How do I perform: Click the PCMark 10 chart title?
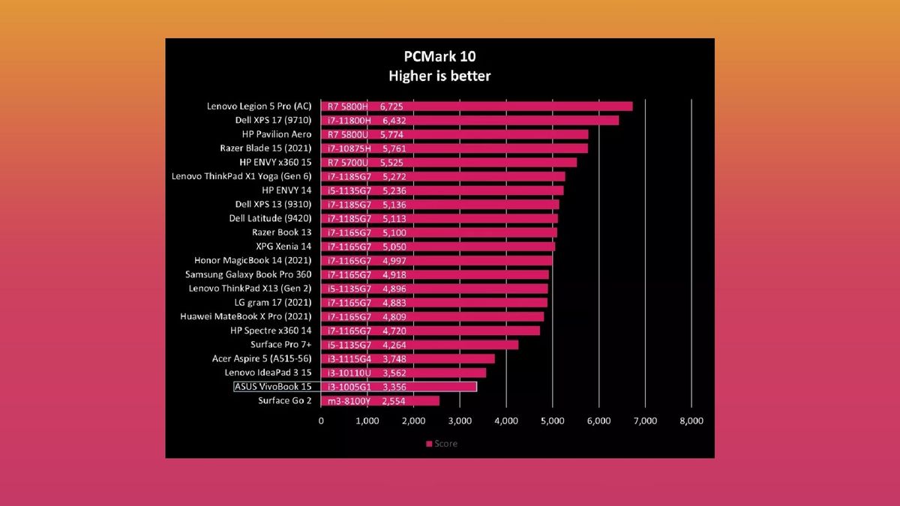439,56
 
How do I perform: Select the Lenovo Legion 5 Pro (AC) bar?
476,106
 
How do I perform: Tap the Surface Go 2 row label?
284,401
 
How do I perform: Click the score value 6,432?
394,121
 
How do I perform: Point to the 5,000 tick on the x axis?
553,421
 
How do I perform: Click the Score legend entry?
442,444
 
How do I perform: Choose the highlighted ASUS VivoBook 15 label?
273,387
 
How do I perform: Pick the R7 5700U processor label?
347,163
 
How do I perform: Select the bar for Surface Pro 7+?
419,345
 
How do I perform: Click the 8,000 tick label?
691,421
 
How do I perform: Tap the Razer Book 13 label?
282,232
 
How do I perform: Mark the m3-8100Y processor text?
349,401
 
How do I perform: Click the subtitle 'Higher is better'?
439,76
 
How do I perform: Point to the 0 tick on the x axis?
321,421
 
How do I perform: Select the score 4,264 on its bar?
394,345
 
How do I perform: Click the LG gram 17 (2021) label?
273,302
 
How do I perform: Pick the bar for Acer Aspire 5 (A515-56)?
408,359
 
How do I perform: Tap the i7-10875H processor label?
349,148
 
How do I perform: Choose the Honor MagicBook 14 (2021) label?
253,261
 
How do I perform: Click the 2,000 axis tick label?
413,421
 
